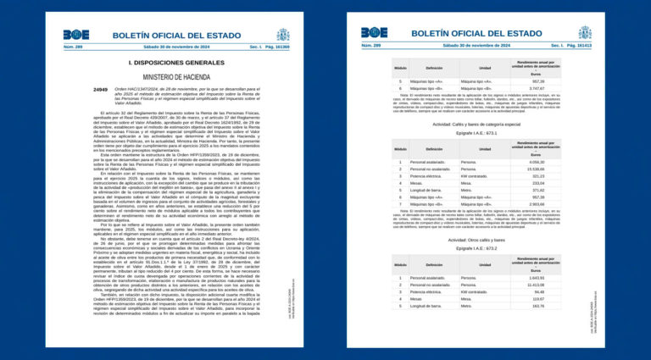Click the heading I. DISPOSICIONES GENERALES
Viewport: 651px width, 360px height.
(x=177, y=63)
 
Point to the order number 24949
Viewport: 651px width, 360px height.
(x=100, y=88)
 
